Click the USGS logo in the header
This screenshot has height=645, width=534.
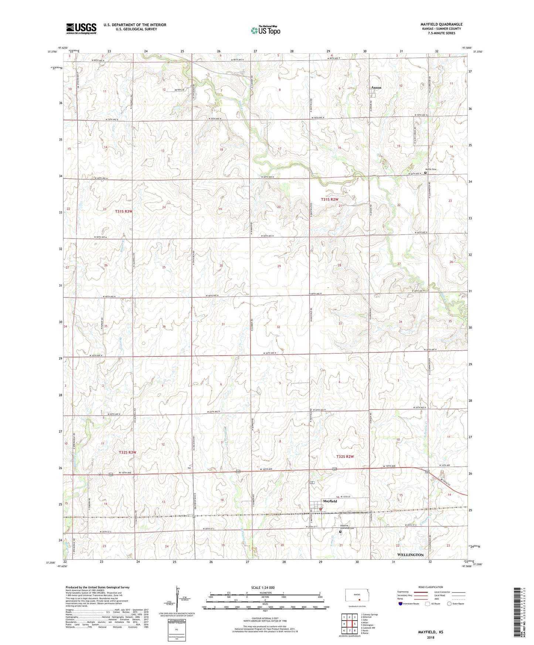[x=81, y=28]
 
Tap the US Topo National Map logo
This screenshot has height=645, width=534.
[x=265, y=30]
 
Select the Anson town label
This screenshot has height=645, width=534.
[x=376, y=88]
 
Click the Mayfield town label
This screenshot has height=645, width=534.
[x=330, y=501]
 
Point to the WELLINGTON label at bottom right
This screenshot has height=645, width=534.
[x=410, y=555]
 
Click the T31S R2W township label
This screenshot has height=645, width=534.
[x=330, y=199]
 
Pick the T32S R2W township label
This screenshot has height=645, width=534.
[x=345, y=457]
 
